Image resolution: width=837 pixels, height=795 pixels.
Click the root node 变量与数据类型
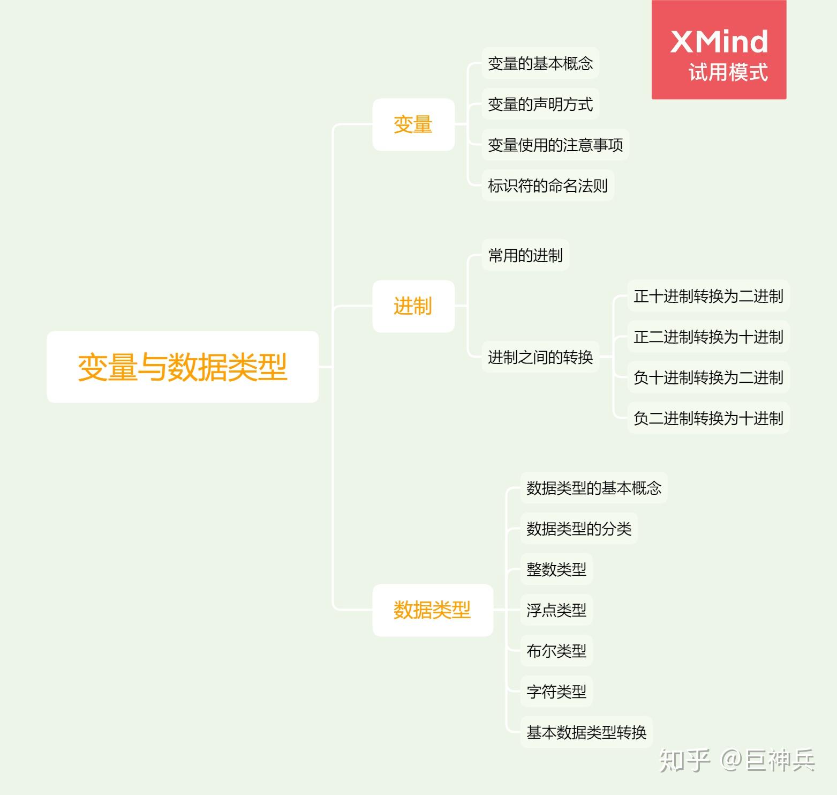pos(183,367)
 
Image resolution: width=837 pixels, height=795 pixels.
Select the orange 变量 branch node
pos(413,124)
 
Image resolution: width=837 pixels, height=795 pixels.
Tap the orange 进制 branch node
pos(413,306)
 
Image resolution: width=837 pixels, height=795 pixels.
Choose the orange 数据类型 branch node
pos(432,610)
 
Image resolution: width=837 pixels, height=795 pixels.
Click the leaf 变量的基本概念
pos(540,63)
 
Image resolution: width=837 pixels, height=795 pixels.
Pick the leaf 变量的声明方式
pos(540,104)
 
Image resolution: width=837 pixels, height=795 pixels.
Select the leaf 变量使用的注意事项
pos(555,145)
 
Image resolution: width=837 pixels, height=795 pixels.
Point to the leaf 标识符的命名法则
pos(547,185)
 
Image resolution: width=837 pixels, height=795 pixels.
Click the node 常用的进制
pos(525,255)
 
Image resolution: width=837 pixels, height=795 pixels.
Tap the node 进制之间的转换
pos(540,357)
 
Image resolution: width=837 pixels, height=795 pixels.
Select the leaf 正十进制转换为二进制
pos(708,296)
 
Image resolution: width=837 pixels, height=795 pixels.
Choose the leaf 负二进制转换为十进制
pos(708,418)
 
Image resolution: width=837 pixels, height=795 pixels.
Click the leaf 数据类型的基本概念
pos(593,488)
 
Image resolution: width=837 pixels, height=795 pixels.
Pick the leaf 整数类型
pos(556,569)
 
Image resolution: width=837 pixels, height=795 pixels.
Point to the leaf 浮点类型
pos(556,610)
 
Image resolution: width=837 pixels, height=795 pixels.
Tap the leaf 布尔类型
pos(556,651)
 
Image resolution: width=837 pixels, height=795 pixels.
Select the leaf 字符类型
pos(556,692)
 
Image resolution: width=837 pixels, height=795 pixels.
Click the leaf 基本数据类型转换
pos(586,732)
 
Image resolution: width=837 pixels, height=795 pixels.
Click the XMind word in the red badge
pos(719,42)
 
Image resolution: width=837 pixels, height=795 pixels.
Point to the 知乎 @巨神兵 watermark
pos(737,760)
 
